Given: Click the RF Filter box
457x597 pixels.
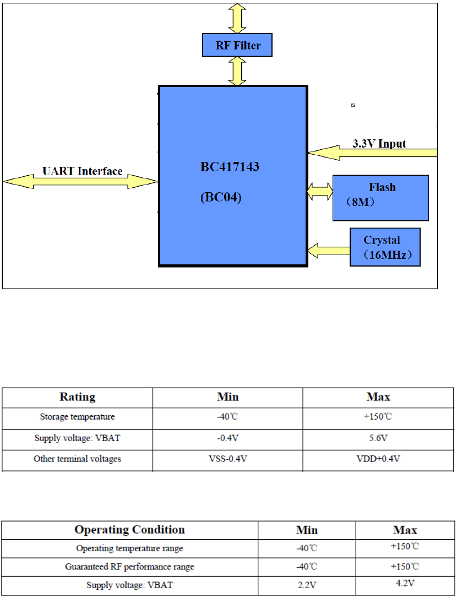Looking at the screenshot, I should click(237, 45).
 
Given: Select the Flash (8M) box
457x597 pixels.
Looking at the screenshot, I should click(380, 198).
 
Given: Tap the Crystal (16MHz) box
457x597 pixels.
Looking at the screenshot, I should click(385, 247).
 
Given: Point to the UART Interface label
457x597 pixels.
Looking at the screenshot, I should click(83, 171).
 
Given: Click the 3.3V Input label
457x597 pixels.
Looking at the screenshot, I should click(379, 144).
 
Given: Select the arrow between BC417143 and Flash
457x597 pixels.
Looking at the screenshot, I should click(320, 192).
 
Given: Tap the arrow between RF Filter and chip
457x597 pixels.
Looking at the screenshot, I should click(237, 71).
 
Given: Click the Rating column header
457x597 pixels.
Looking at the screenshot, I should click(78, 397).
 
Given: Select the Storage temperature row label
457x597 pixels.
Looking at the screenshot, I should click(78, 417).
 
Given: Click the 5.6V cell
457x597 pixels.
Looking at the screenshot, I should click(378, 438).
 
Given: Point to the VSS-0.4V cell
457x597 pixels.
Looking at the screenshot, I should click(227, 459).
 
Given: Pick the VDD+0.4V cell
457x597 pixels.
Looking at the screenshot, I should click(378, 459).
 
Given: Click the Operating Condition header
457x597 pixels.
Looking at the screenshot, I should click(130, 530).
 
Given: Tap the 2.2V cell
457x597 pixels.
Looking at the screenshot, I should click(307, 585).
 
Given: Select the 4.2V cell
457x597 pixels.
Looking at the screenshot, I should click(405, 583).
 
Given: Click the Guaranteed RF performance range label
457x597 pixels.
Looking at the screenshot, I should click(130, 566).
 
